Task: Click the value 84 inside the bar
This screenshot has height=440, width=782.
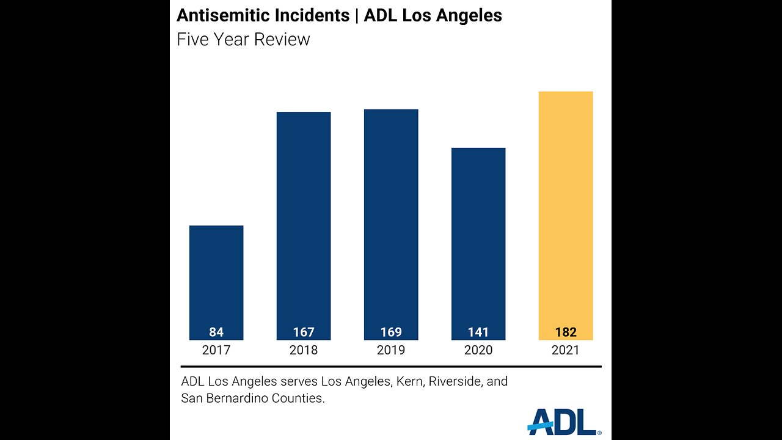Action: coord(216,332)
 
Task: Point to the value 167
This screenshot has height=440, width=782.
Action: coord(304,332)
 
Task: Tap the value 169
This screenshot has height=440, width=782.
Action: coord(391,332)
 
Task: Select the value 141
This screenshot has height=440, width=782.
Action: coord(478,332)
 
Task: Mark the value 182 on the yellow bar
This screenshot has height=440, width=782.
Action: coord(566,332)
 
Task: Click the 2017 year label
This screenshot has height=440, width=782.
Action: coord(216,351)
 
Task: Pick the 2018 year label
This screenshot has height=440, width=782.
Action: coord(304,351)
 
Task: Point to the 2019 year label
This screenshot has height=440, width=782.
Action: coord(391,351)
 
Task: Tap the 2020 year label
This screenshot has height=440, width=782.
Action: coord(478,351)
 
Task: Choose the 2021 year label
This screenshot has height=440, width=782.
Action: coord(566,351)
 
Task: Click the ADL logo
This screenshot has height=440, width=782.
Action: coord(563,422)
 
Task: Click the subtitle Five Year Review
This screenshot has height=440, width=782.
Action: coord(243,40)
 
